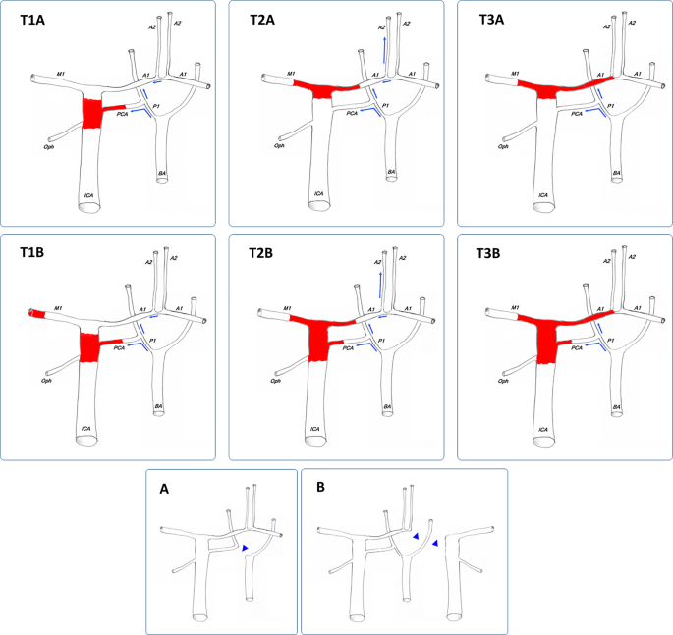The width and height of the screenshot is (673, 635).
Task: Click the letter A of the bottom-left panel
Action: coord(166,484)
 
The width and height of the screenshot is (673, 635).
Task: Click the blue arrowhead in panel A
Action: coord(246,548)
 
